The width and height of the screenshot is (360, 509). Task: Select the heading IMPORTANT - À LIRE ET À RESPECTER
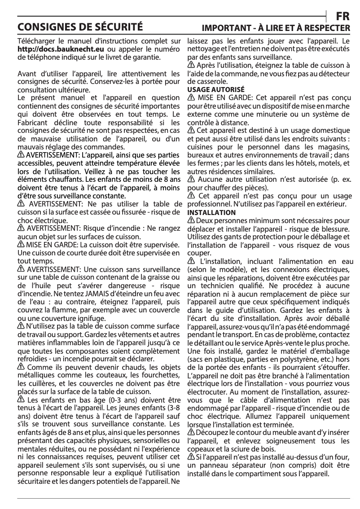276,28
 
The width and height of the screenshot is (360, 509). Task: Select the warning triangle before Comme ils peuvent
21,367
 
